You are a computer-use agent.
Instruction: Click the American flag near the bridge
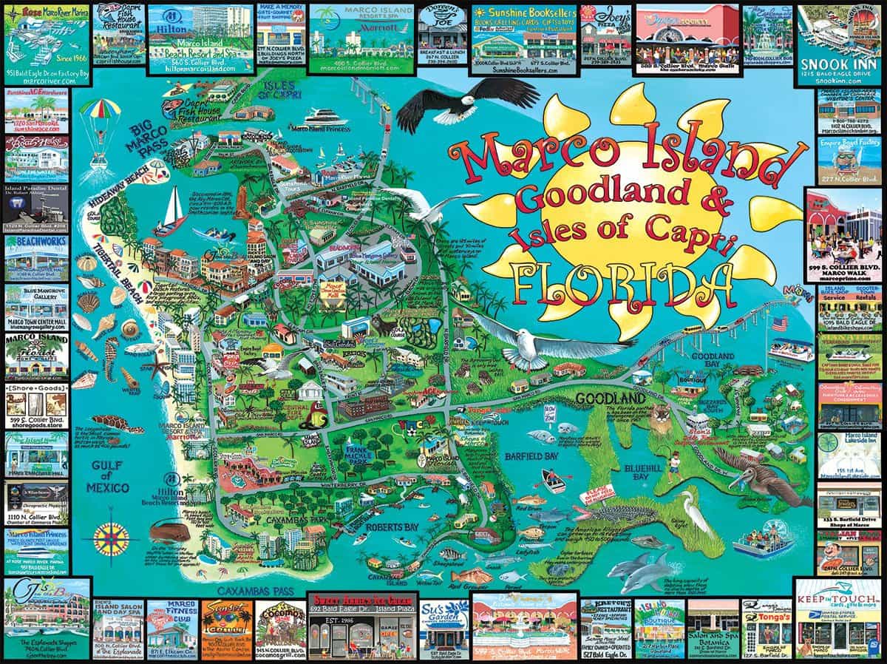(780, 324)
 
